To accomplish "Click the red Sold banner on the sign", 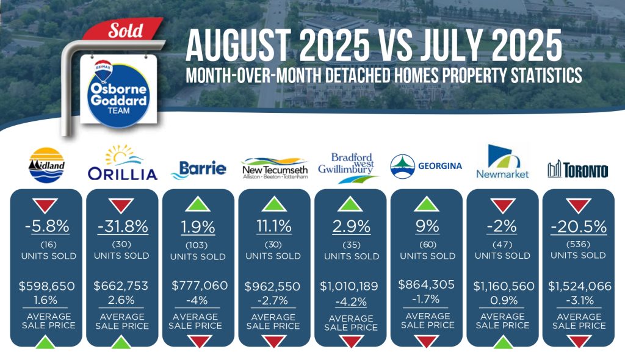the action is pos(123,29).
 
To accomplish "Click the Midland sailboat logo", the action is pos(46,165).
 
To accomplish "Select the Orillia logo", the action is pos(122,163).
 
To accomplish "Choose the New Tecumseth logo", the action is pos(275,168).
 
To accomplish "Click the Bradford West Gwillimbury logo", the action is pos(349,168).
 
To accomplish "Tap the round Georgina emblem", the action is pos(402,166).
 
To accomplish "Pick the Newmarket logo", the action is pos(502,162).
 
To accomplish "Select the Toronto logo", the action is pos(577,170).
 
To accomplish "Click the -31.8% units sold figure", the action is pos(123,227).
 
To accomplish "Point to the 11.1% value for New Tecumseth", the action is pos(273,227).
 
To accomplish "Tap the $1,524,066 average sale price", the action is pos(579,286).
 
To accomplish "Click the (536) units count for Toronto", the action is pos(578,244).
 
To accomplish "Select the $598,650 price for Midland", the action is pos(46,286).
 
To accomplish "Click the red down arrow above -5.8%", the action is pos(45,206).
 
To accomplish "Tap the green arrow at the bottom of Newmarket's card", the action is pos(503,342).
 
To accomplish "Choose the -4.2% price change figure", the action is pos(351,302).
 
